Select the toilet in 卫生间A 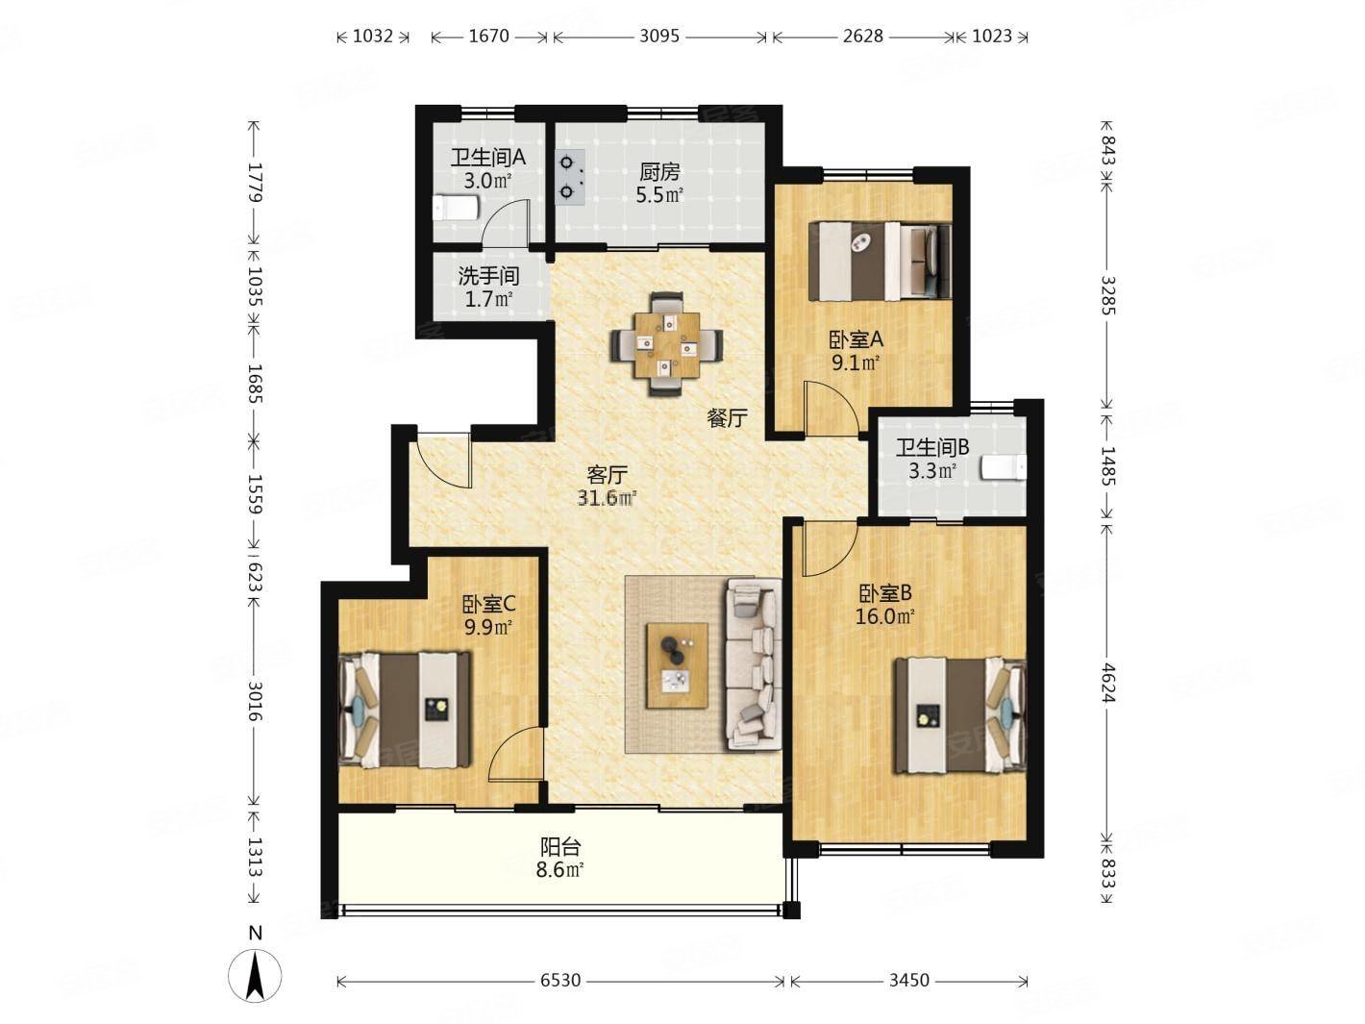click(457, 208)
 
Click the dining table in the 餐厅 click(667, 344)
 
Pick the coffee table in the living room click(678, 665)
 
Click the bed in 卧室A click(880, 262)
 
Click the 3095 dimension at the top click(659, 37)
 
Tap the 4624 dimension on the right click(1107, 683)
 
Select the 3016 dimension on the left click(255, 701)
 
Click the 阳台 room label click(559, 846)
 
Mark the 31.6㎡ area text click(607, 497)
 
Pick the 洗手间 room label click(488, 275)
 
